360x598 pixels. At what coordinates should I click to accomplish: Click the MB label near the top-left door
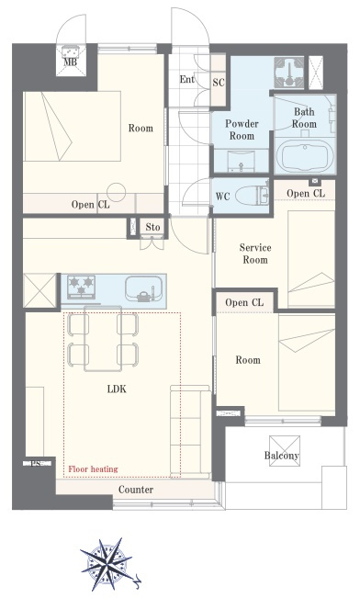click(70, 62)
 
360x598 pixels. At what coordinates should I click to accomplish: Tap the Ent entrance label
click(186, 79)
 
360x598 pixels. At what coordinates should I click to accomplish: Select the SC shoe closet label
click(219, 83)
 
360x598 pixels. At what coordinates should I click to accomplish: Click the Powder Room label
click(242, 130)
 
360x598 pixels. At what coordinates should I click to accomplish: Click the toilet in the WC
click(253, 196)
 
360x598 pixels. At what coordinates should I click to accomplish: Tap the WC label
click(223, 197)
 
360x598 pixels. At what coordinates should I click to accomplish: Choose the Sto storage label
click(152, 227)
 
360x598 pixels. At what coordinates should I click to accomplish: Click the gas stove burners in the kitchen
click(81, 287)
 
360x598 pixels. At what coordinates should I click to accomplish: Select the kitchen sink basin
click(144, 288)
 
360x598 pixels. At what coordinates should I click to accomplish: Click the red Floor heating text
click(93, 469)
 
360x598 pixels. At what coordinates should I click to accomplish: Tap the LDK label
click(117, 389)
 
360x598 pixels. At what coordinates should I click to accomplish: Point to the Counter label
click(136, 490)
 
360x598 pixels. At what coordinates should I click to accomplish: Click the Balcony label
click(281, 456)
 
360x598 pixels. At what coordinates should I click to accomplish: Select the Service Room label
click(255, 254)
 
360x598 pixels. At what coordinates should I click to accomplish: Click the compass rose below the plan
click(107, 563)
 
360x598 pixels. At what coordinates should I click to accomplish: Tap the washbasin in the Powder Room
click(241, 160)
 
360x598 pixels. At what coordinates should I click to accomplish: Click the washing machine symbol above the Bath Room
click(289, 73)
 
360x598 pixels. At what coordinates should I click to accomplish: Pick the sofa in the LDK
click(190, 432)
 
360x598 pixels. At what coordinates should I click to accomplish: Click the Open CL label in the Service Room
click(306, 193)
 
